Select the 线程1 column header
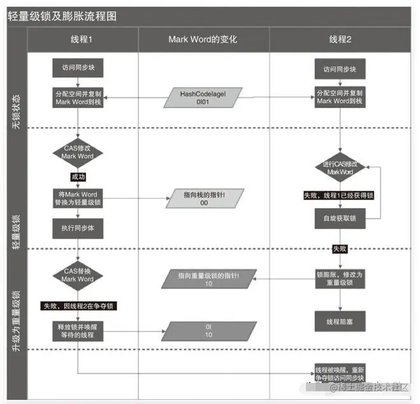tap(82, 39)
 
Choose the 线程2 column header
tap(340, 39)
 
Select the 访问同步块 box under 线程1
tap(78, 67)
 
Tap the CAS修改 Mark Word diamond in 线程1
tap(78, 152)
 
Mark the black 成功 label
tap(78, 176)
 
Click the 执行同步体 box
tap(78, 227)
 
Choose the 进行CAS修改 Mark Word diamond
tap(340, 168)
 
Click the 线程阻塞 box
tap(340, 321)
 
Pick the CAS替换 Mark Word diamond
tap(78, 275)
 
